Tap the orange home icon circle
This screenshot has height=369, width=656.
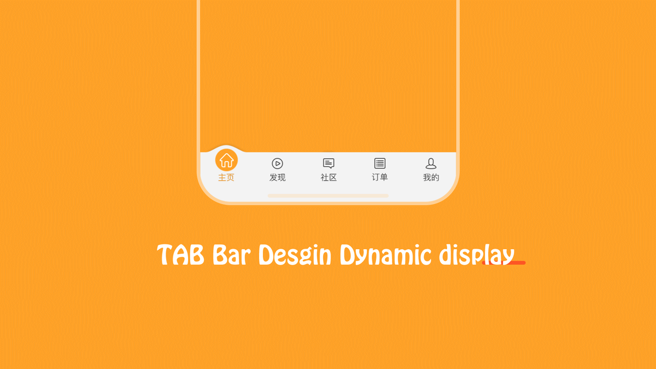click(x=226, y=160)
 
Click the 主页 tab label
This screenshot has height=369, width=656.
click(x=226, y=178)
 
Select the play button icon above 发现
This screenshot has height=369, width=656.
click(x=277, y=163)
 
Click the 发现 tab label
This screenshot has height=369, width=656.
click(x=277, y=178)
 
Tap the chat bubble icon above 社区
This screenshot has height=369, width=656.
click(x=329, y=163)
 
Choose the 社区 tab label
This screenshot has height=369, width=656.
click(x=329, y=178)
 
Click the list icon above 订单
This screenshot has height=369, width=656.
click(x=380, y=163)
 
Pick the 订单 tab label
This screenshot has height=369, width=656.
click(x=380, y=177)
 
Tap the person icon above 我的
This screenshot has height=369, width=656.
click(x=431, y=163)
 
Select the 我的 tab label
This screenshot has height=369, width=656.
click(x=431, y=178)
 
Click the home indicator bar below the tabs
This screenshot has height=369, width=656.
click(x=329, y=196)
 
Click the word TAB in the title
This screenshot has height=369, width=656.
click(x=180, y=255)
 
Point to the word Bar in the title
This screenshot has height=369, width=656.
click(x=232, y=255)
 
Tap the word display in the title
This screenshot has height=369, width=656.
click(x=477, y=255)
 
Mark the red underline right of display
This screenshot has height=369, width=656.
click(x=503, y=263)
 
